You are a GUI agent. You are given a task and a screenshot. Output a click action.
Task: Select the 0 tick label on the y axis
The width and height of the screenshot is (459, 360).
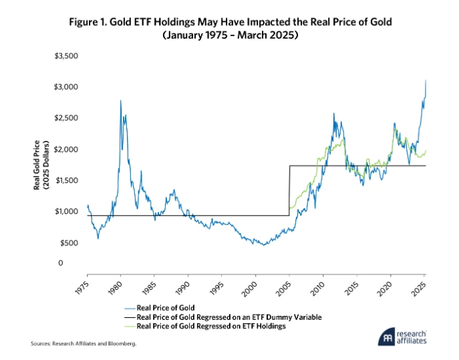78,263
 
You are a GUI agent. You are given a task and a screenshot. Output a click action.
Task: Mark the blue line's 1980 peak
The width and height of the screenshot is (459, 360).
120,101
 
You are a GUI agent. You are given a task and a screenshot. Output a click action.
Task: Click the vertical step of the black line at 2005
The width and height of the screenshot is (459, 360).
289,190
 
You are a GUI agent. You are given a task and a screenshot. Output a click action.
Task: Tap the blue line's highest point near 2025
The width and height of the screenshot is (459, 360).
426,80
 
